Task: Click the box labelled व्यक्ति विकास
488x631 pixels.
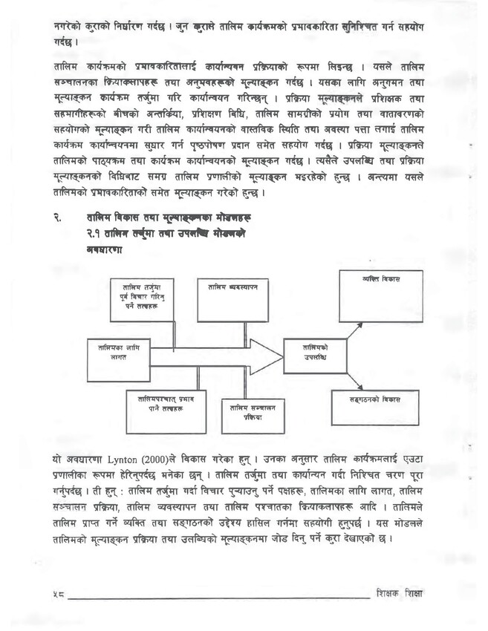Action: pos(381,295)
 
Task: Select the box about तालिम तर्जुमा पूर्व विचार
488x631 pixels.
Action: pos(141,300)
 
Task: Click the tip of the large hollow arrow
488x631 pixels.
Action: pos(282,357)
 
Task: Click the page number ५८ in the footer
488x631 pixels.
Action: pos(59,596)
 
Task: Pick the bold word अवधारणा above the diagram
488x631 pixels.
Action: pos(104,250)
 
